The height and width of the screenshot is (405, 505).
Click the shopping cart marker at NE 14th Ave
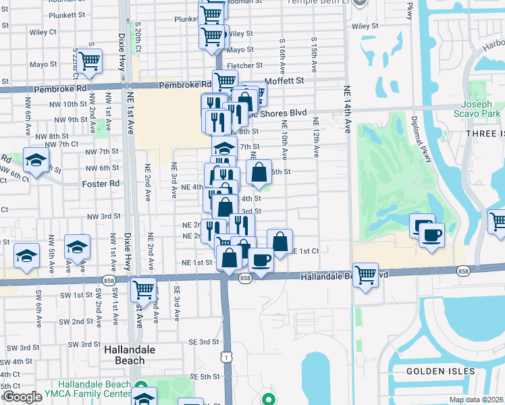click(x=365, y=275)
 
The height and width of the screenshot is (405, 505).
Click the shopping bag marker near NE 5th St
click(x=259, y=173)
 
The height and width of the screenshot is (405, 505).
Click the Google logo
click(x=22, y=397)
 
